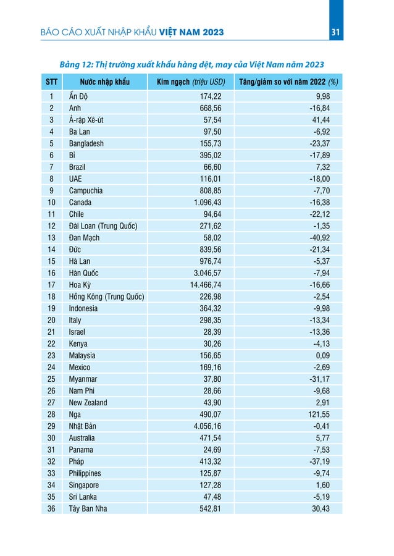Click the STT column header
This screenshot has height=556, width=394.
(51, 82)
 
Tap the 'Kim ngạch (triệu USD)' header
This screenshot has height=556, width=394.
(191, 82)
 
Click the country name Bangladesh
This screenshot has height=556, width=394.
(86, 143)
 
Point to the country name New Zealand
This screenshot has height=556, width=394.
(88, 402)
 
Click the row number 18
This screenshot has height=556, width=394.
(51, 297)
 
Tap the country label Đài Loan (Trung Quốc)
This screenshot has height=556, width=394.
(103, 226)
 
